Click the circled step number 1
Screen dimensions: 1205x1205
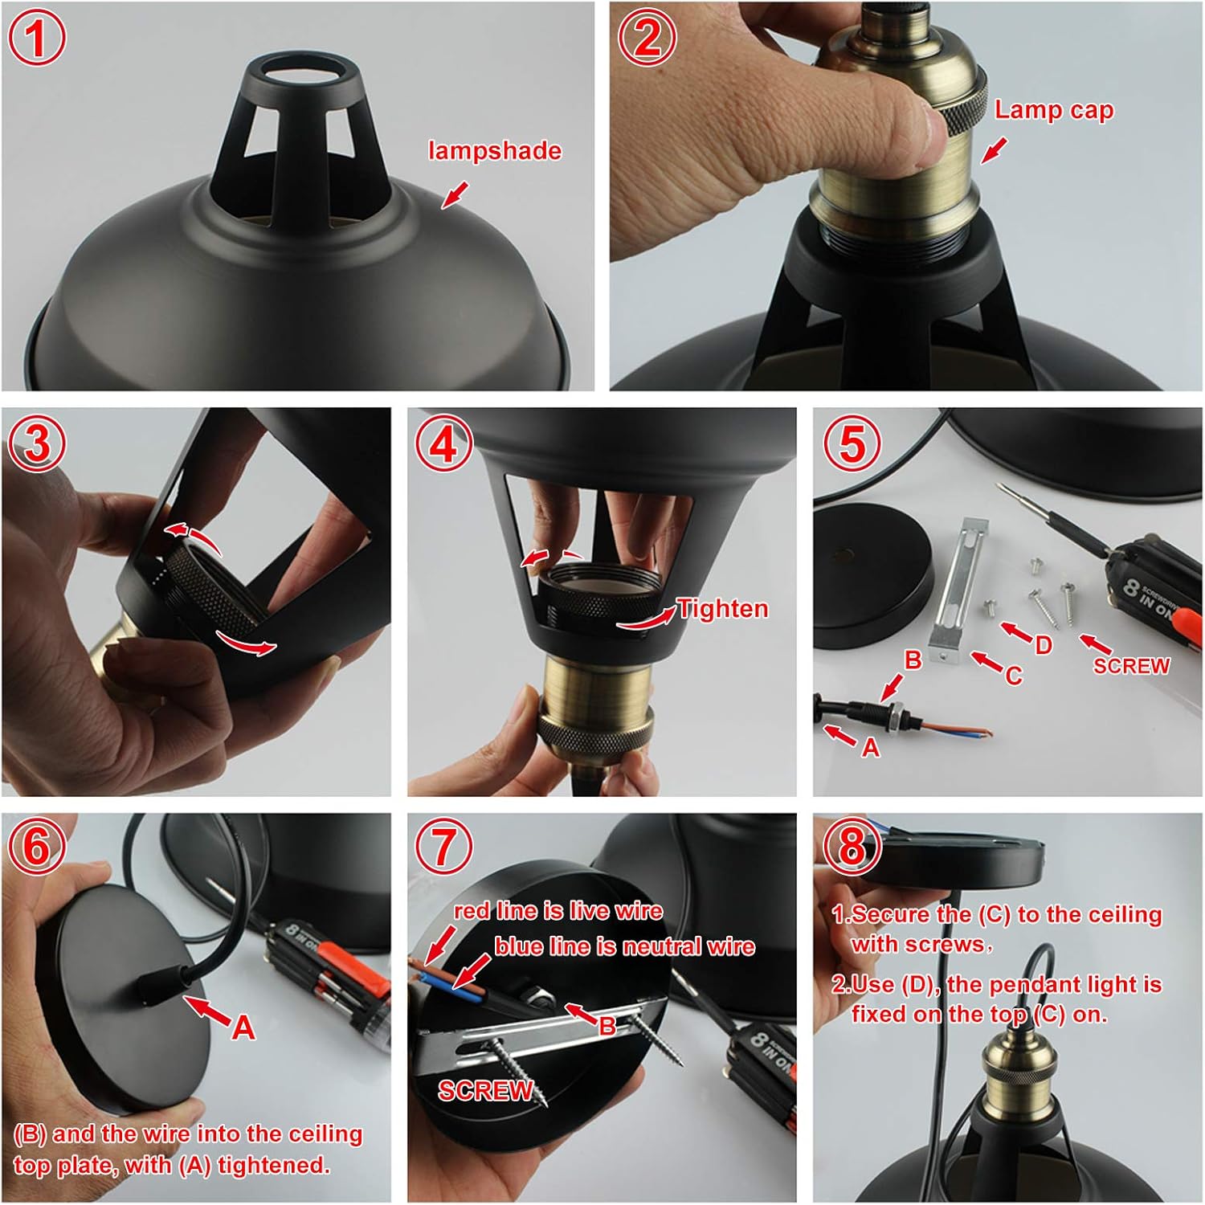coord(37,38)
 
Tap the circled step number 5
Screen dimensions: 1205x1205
coord(852,443)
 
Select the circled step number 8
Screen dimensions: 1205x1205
coord(852,845)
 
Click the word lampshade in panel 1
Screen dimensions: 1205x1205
coord(494,151)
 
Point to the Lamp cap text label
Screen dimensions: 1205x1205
coord(1053,110)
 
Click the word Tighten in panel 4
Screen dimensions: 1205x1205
coord(723,609)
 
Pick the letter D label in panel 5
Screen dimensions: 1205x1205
coord(1043,645)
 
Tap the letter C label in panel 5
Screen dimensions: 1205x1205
coord(1014,676)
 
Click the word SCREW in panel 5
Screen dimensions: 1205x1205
coord(1131,666)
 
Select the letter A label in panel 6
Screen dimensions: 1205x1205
coord(243,1027)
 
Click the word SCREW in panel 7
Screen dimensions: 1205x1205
coord(485,1090)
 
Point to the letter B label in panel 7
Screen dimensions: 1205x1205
coord(607,1026)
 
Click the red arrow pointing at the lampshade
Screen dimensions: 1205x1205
coord(455,194)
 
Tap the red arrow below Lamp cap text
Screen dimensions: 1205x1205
coord(994,149)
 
